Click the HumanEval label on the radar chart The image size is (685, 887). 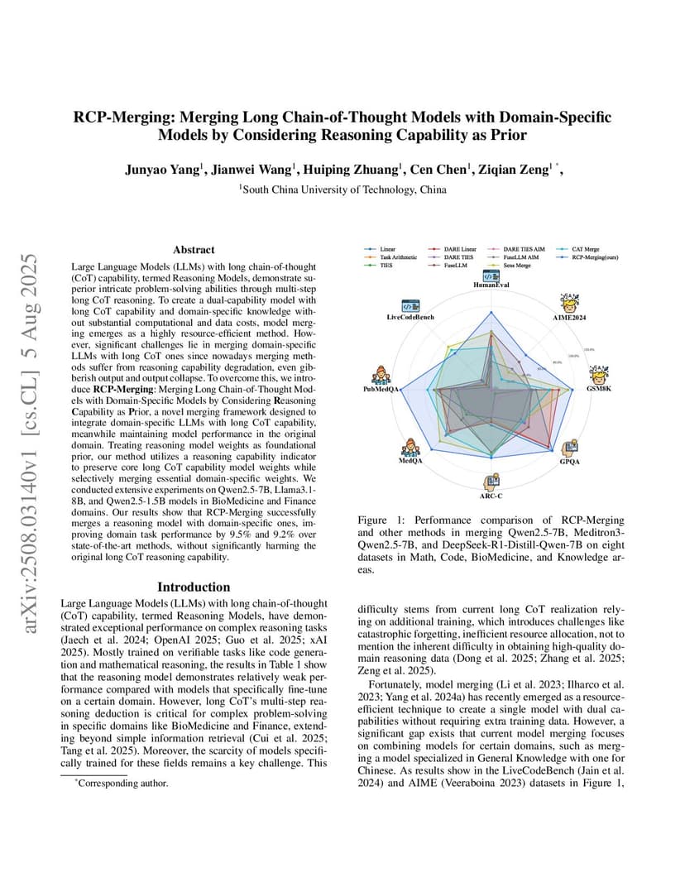tap(491, 285)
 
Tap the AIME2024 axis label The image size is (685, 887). tap(570, 318)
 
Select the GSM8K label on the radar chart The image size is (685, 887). tap(599, 388)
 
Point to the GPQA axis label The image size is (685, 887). tap(569, 461)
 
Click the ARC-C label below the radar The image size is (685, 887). tap(491, 495)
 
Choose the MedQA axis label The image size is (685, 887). tap(410, 462)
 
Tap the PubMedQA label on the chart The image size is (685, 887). tap(382, 388)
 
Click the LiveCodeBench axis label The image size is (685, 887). tap(410, 318)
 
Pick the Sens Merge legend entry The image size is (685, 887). tap(518, 266)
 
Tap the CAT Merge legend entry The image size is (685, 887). tap(587, 248)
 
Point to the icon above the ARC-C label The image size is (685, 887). tap(491, 481)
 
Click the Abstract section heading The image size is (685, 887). tap(194, 249)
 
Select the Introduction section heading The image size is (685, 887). tap(194, 587)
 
